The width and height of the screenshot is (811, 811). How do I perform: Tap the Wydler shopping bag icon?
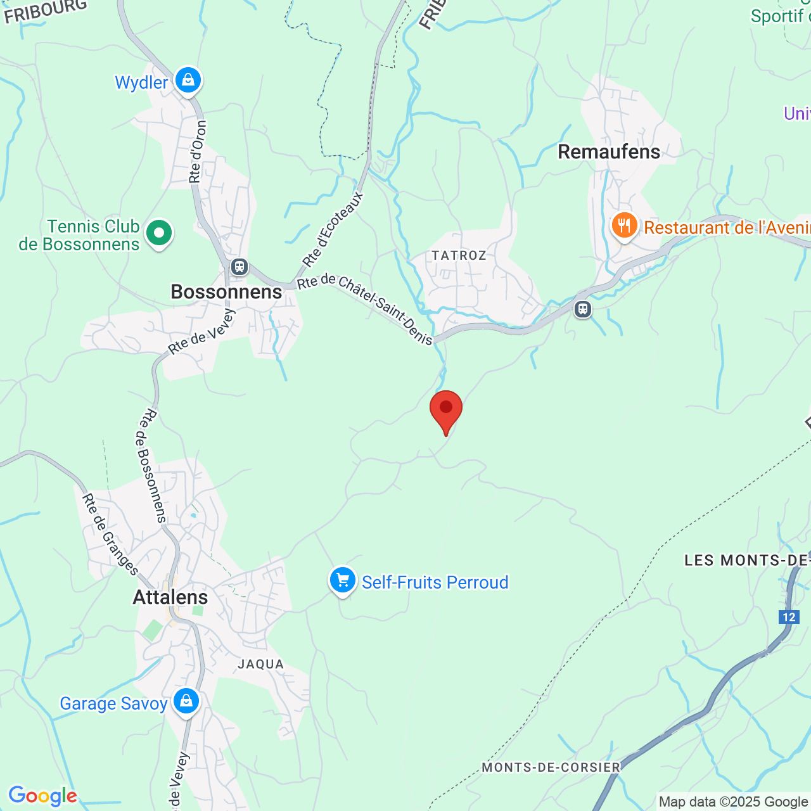tap(188, 80)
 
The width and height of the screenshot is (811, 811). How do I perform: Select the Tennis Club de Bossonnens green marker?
tap(158, 233)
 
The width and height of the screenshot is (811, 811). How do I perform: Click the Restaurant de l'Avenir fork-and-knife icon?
tap(624, 226)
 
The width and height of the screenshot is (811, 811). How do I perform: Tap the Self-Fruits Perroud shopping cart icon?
tap(342, 580)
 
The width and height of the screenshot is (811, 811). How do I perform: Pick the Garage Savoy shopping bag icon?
tap(186, 701)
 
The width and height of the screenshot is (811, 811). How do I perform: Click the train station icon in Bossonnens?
tap(239, 267)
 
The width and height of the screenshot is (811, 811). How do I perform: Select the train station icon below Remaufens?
tap(583, 309)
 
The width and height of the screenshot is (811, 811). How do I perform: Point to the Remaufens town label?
tap(609, 151)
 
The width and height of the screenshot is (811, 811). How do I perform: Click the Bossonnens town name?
tap(226, 291)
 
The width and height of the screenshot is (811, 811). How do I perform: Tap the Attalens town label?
tap(170, 597)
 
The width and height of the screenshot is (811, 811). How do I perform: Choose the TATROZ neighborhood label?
tap(459, 255)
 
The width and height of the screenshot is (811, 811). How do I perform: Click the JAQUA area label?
tap(260, 664)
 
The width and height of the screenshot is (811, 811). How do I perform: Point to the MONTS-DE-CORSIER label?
tap(551, 767)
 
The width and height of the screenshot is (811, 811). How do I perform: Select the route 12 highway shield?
tap(789, 617)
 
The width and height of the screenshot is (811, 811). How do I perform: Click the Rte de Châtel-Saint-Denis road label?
tap(366, 309)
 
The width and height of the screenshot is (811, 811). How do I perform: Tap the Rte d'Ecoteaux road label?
tap(333, 229)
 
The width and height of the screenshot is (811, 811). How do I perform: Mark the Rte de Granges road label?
tap(110, 535)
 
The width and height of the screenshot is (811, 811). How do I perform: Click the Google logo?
tap(42, 796)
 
